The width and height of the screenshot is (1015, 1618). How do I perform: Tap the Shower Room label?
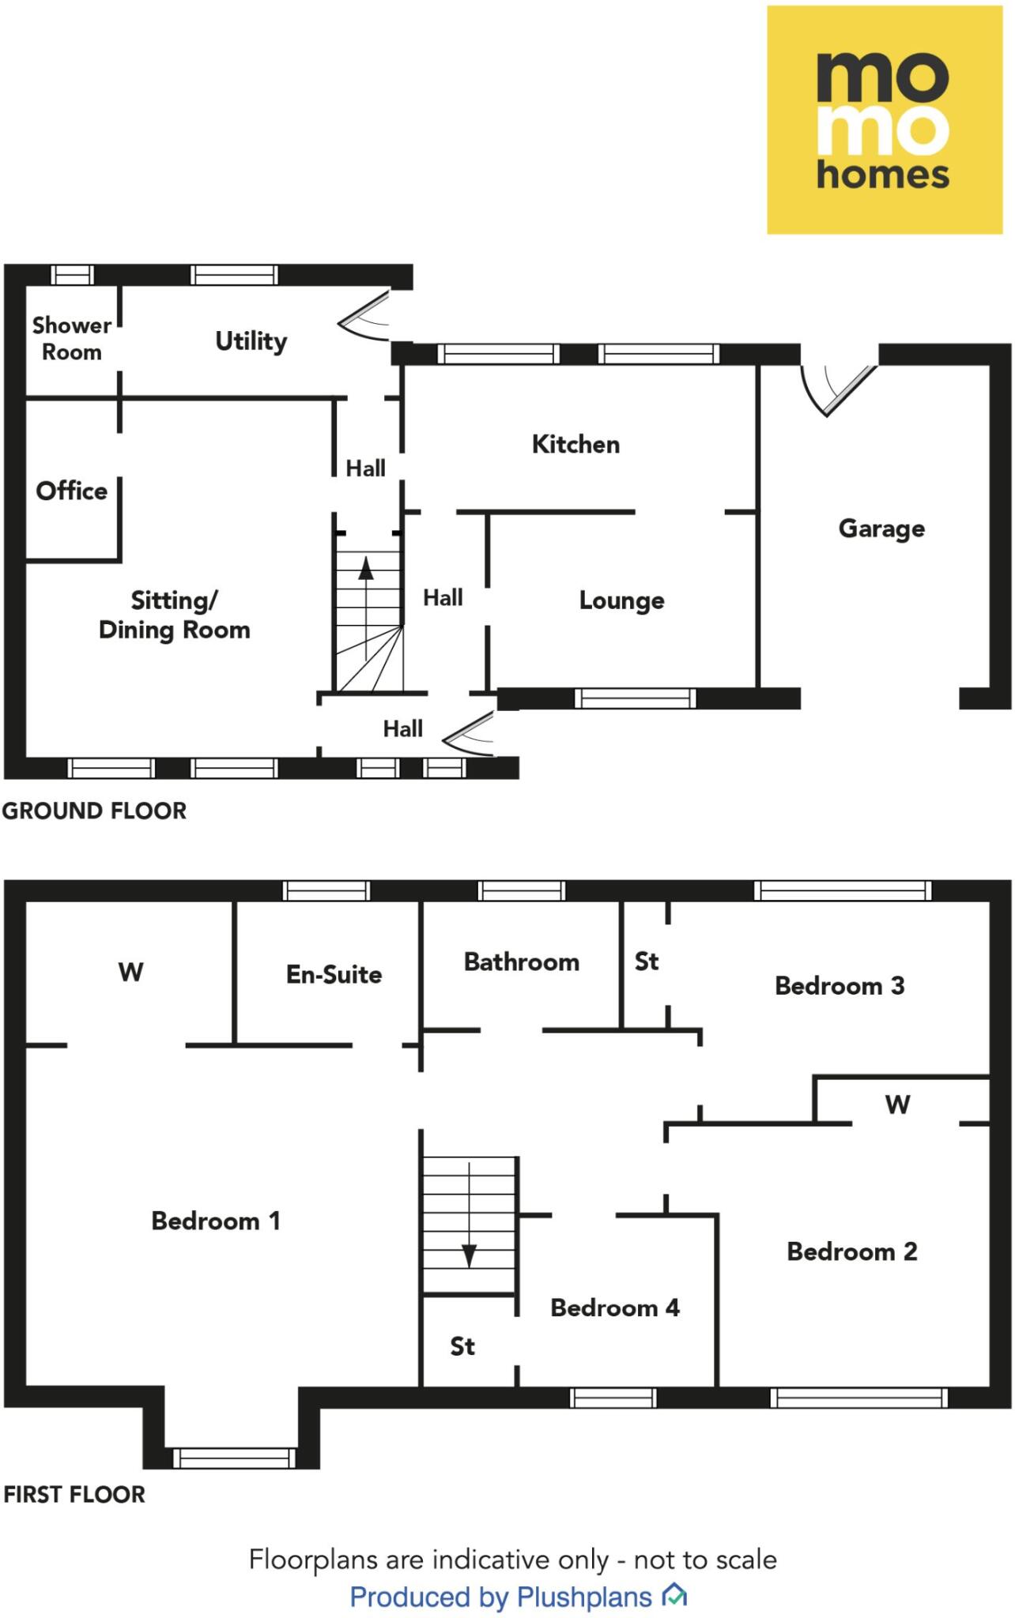pyautogui.click(x=71, y=338)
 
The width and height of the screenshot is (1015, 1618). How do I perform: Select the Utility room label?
pyautogui.click(x=251, y=341)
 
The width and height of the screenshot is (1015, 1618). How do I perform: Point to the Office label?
pyautogui.click(x=71, y=491)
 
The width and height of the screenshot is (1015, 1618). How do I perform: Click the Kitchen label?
pyautogui.click(x=575, y=444)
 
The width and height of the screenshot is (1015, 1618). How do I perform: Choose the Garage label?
pyautogui.click(x=881, y=528)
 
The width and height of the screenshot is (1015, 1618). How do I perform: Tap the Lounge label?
pyautogui.click(x=621, y=600)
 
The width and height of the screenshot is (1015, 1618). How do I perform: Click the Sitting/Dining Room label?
pyautogui.click(x=174, y=615)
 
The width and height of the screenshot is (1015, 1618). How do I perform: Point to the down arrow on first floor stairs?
pyautogui.click(x=469, y=1255)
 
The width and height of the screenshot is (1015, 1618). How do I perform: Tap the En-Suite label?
pyautogui.click(x=334, y=974)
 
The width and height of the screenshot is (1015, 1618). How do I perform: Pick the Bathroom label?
pyautogui.click(x=521, y=961)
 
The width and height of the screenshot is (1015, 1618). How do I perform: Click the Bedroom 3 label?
pyautogui.click(x=839, y=985)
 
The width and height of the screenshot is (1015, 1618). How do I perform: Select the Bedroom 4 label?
pyautogui.click(x=614, y=1308)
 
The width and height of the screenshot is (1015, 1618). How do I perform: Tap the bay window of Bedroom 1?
pyautogui.click(x=234, y=1458)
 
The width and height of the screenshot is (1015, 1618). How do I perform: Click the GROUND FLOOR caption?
pyautogui.click(x=94, y=811)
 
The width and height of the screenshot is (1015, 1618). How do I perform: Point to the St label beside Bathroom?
pyautogui.click(x=646, y=961)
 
